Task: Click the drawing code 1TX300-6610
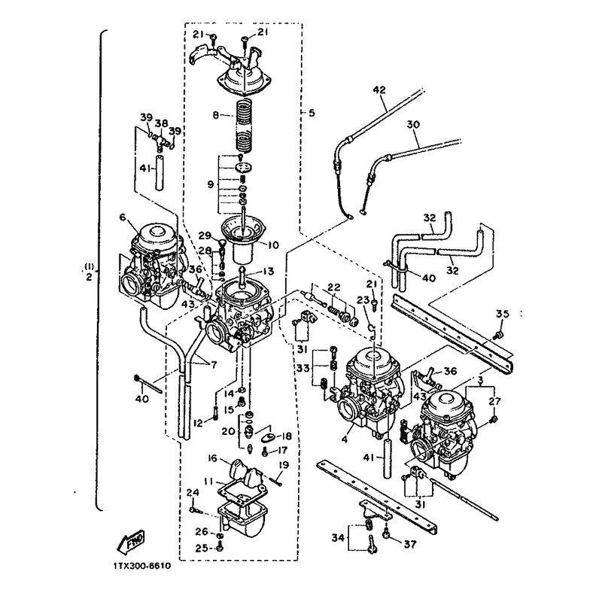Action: tap(142, 567)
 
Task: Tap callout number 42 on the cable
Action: tap(379, 90)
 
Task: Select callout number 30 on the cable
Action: tap(413, 125)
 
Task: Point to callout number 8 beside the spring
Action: tap(216, 115)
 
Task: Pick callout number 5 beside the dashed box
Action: tap(312, 113)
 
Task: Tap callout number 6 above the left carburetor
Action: tap(123, 217)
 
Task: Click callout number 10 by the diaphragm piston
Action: tap(272, 245)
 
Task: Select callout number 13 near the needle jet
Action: tap(268, 272)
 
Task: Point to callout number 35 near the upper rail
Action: tap(502, 314)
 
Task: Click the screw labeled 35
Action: tap(498, 335)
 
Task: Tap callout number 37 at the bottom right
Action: tap(409, 544)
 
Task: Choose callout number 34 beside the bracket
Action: tap(339, 538)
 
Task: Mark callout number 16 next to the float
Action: tap(213, 458)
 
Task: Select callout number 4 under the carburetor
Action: tap(345, 438)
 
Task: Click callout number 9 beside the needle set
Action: tap(210, 184)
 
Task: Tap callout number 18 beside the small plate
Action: tap(286, 436)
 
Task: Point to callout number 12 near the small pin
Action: tap(198, 424)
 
